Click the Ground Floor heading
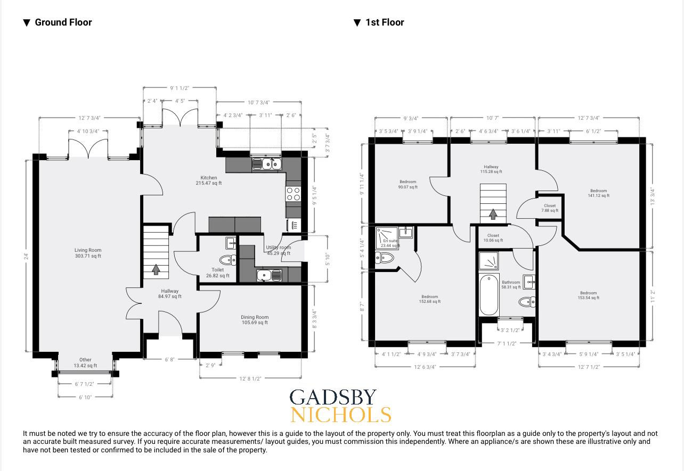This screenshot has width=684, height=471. click(x=63, y=22)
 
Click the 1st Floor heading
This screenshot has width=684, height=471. click(x=384, y=22)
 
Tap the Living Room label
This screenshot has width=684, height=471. click(x=88, y=253)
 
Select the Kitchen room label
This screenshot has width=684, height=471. click(x=208, y=180)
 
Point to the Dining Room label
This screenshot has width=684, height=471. click(x=254, y=319)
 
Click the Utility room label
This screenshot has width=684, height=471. click(x=279, y=250)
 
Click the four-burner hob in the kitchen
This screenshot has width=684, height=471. click(x=293, y=194)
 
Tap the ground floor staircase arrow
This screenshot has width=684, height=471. click(x=156, y=269)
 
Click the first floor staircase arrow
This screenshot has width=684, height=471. click(x=493, y=214)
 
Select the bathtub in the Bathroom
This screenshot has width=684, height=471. click(x=489, y=295)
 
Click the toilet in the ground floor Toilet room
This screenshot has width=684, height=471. click(x=227, y=260)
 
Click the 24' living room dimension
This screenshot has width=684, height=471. click(x=26, y=256)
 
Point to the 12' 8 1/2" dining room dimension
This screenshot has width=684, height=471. click(x=250, y=378)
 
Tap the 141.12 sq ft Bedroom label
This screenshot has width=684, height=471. click(x=598, y=193)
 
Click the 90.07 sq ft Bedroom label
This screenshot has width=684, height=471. click(x=408, y=184)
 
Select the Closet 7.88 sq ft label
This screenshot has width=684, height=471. click(x=550, y=208)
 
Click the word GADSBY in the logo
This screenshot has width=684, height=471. click(x=333, y=398)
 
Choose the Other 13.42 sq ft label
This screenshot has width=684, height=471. click(x=85, y=362)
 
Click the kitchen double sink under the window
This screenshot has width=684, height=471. click(x=266, y=164)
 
